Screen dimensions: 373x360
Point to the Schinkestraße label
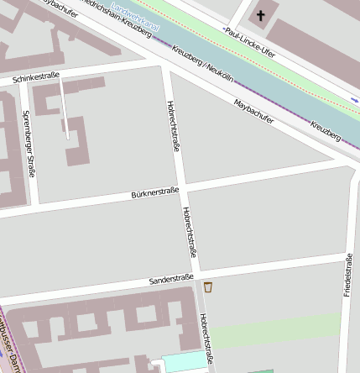[36, 77]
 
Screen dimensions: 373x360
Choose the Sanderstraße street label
[171, 278]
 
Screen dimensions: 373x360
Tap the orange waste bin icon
[208, 287]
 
